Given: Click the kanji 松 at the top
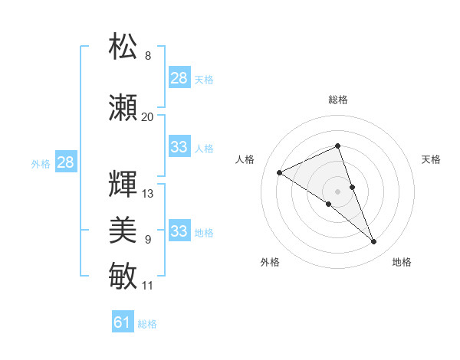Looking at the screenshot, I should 123,47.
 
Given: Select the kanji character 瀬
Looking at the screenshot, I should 123,108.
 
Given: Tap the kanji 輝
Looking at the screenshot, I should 123,185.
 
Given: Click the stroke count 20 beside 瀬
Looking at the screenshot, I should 147,117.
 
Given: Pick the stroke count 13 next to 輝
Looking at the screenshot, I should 147,194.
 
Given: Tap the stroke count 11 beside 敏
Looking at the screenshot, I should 147,286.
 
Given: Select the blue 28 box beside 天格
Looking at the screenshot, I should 179,78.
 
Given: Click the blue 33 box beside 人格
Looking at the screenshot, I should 179,147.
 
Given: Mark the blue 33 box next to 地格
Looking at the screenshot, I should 179,231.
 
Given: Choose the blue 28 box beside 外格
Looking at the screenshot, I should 65,162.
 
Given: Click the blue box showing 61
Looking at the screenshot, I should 123,322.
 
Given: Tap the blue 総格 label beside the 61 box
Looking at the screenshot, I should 147,324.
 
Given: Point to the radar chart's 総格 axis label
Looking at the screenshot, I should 337,100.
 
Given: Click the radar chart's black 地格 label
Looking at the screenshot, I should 402,262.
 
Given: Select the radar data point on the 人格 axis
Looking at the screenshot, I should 279,173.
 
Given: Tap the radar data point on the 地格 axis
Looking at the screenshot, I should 374,242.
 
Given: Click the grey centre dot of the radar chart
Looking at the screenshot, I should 337,191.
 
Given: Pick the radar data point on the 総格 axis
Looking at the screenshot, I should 337,146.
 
